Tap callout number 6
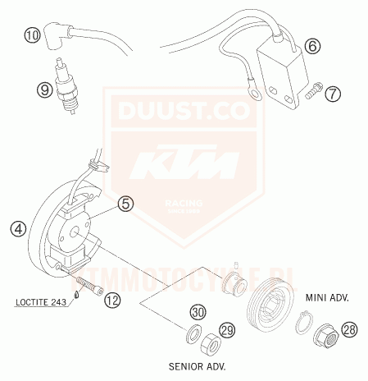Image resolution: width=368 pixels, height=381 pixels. click(x=311, y=47)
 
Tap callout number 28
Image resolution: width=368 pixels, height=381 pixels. click(x=350, y=330)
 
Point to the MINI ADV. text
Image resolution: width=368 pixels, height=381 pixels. click(x=325, y=299)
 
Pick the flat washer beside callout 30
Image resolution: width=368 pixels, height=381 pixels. click(x=193, y=334)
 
